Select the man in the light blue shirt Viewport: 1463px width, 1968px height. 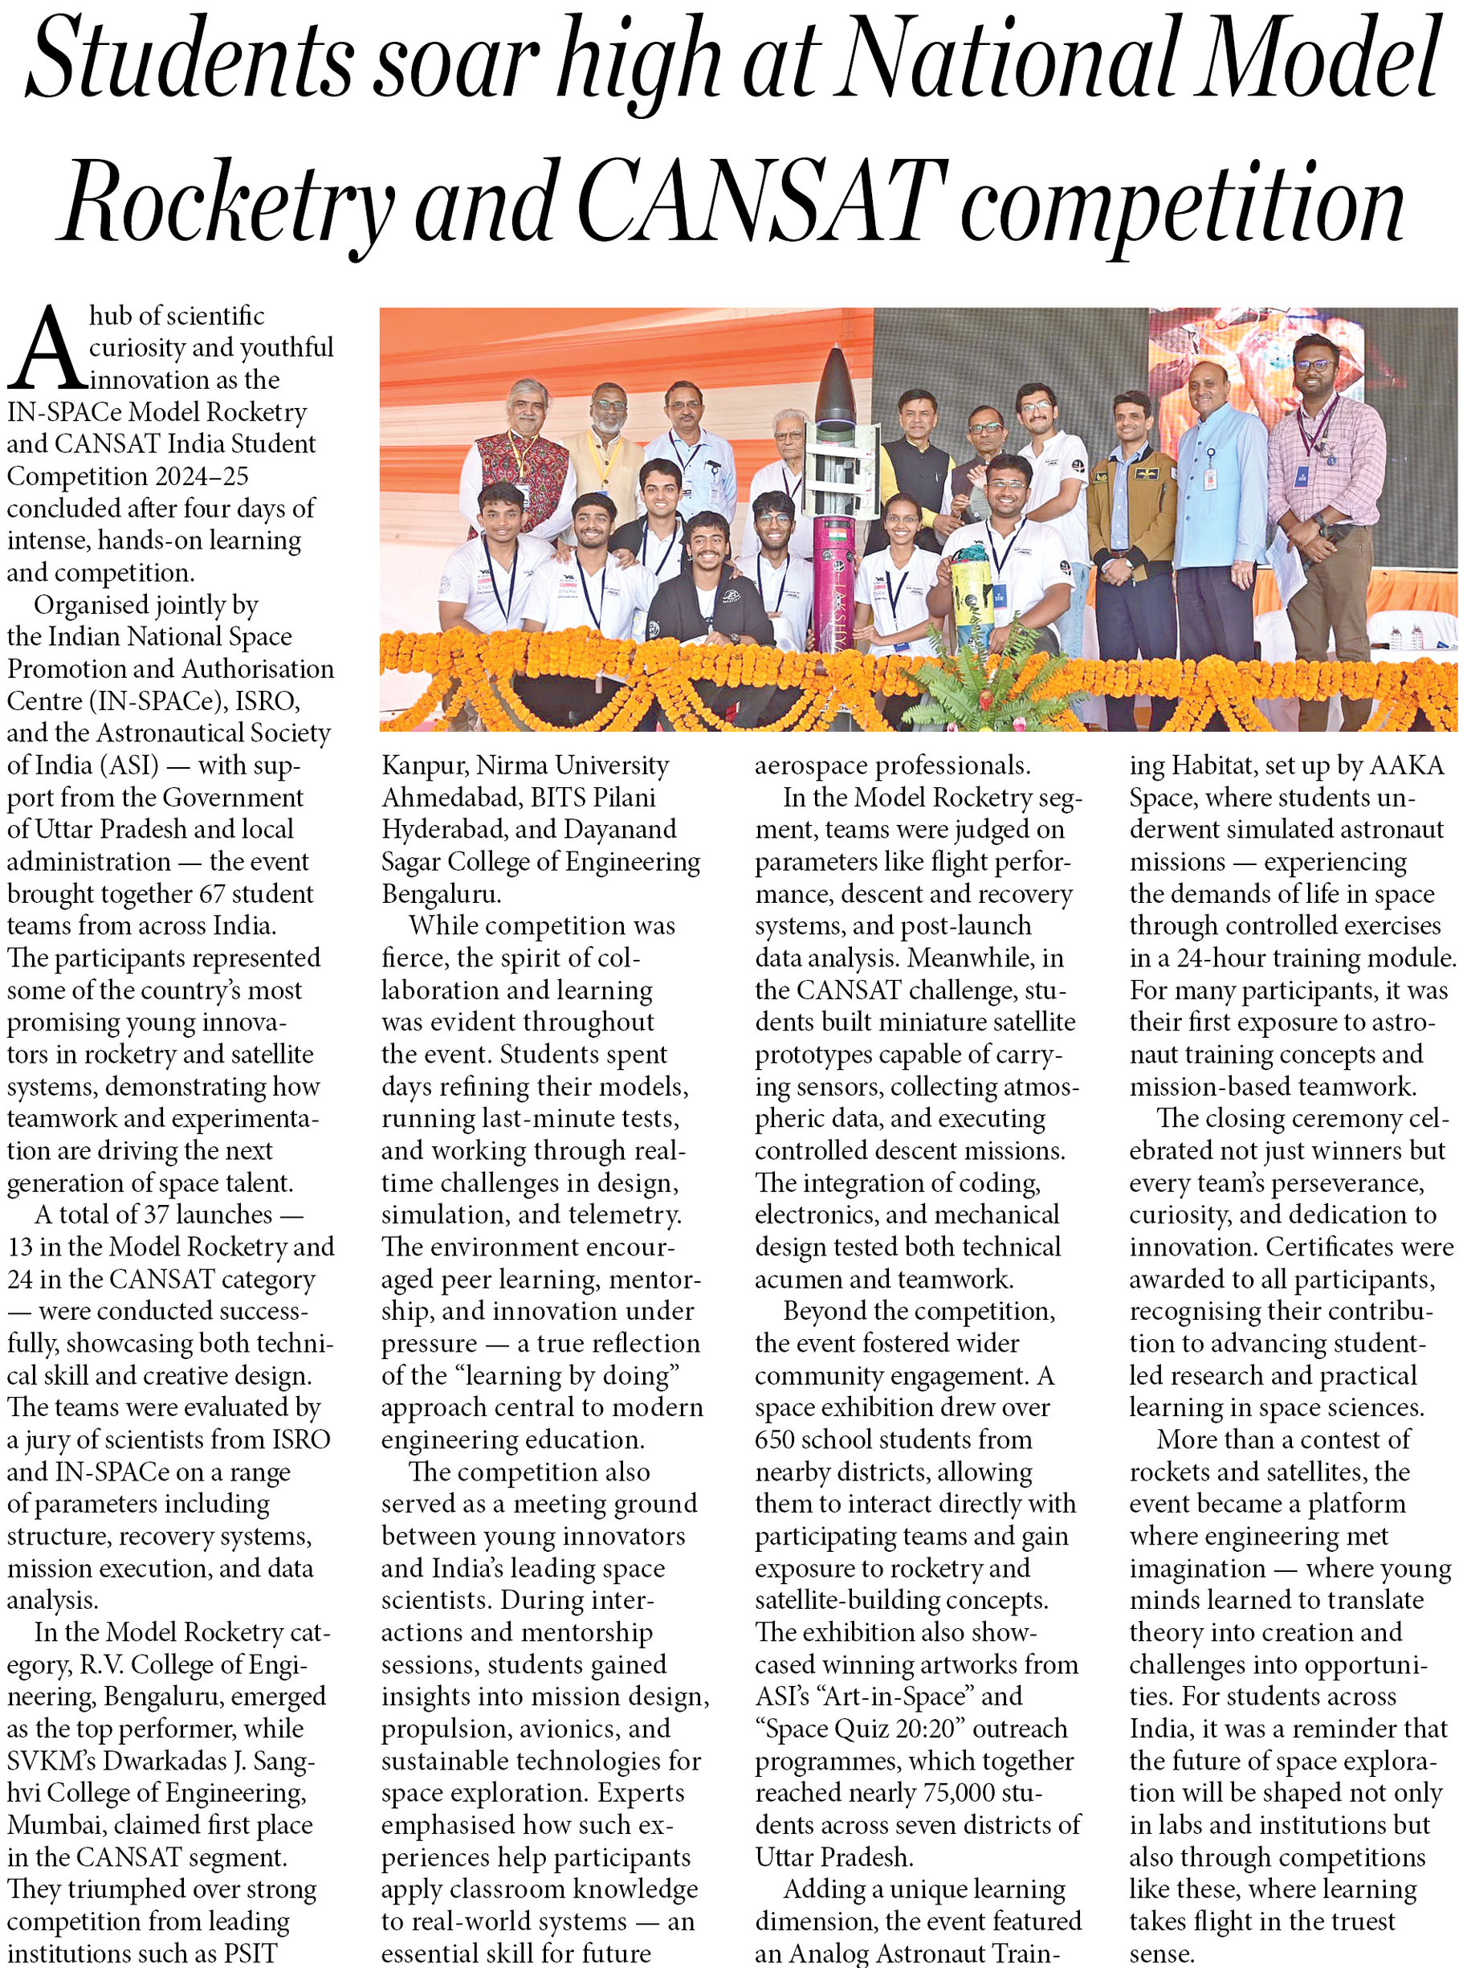pos(1220,496)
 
